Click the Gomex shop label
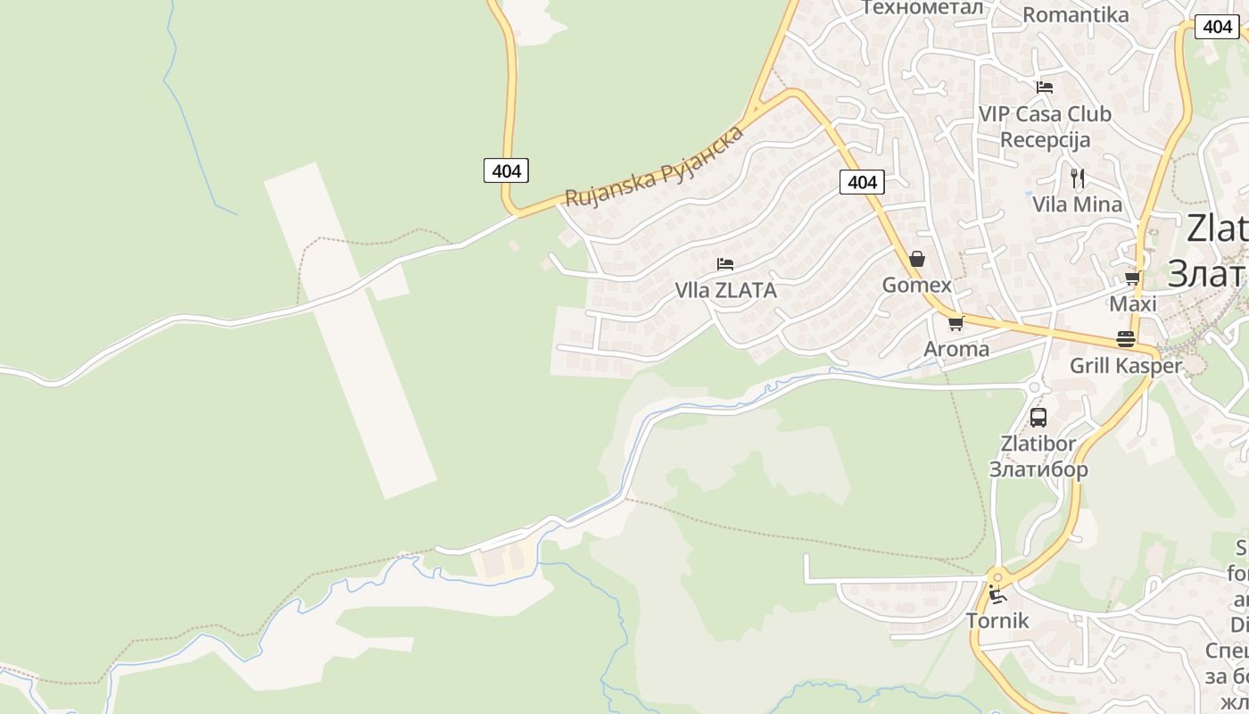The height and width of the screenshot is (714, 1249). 916,286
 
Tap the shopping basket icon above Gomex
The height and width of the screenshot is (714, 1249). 916,260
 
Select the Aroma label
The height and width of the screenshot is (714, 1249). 956,349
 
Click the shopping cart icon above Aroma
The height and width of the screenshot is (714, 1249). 956,323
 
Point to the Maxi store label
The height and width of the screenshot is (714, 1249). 1133,304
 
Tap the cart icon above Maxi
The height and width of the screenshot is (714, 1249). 1133,278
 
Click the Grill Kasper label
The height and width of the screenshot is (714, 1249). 1125,366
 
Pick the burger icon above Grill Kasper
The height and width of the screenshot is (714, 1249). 1125,339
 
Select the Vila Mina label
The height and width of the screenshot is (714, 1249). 1078,204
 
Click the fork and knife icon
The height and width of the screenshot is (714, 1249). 1078,178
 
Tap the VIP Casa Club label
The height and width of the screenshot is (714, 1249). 1045,114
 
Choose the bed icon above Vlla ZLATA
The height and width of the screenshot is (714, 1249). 725,264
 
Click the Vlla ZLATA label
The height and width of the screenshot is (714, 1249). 725,291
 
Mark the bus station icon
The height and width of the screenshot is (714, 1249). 1038,417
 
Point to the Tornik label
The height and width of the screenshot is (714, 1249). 997,621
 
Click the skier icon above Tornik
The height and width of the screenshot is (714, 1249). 997,595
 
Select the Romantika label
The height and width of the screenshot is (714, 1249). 1075,15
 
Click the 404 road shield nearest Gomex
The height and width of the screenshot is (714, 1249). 862,183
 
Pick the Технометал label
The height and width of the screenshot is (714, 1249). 922,8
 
